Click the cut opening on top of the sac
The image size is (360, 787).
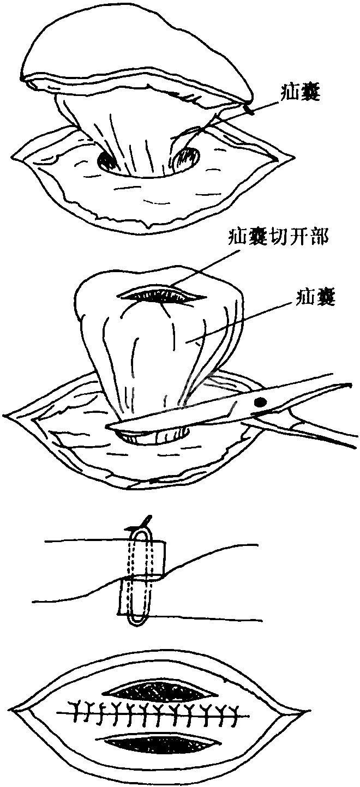click(163, 295)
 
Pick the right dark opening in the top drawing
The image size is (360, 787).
click(187, 158)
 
